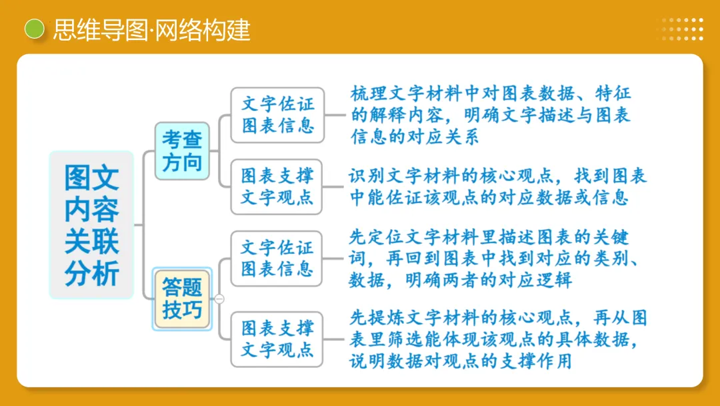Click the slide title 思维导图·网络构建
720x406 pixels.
click(152, 30)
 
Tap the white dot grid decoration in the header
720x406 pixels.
click(683, 29)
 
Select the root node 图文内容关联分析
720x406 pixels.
click(92, 225)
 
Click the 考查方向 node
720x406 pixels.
click(182, 150)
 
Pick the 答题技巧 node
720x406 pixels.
click(182, 298)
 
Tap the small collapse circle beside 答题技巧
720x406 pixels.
click(219, 298)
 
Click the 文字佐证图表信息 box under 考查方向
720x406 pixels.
click(277, 114)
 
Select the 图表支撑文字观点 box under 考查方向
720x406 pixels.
click(277, 186)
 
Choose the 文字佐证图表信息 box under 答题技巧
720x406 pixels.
click(277, 258)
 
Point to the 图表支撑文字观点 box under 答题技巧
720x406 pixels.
click(277, 339)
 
